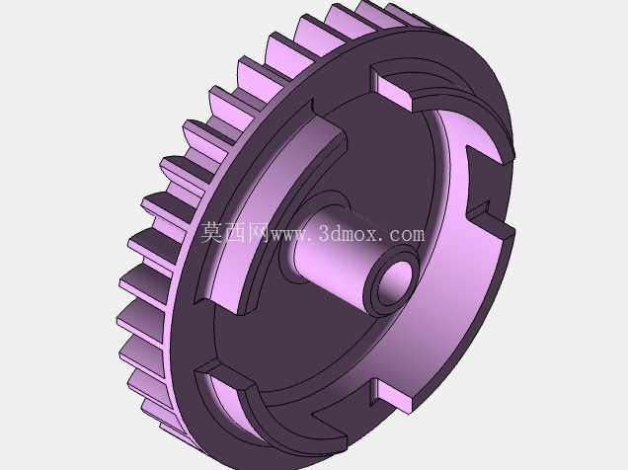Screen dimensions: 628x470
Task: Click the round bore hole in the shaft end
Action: coord(395,282)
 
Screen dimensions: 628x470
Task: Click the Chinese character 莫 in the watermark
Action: coord(211,233)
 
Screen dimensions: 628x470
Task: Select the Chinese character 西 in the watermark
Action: coord(235,233)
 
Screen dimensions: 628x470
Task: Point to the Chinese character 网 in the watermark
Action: coord(259,233)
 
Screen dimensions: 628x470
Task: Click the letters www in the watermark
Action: coord(290,235)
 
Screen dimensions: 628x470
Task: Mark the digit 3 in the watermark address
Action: coord(325,234)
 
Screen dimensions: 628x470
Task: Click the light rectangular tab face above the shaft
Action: coord(395,93)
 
